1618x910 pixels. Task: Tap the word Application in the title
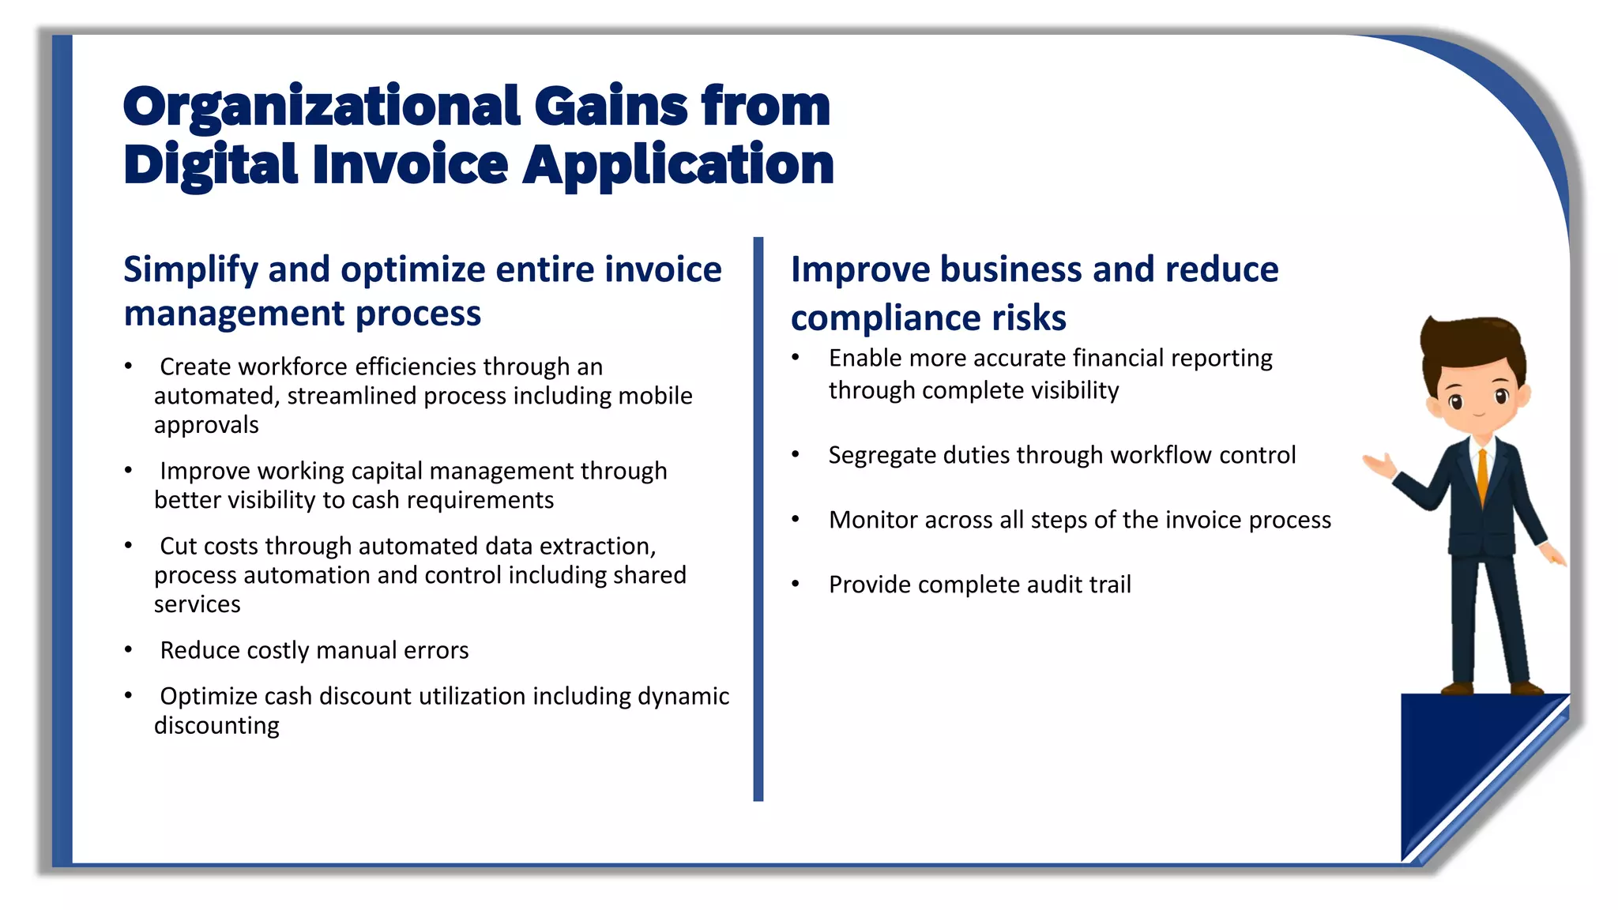point(678,165)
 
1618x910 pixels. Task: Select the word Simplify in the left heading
point(190,270)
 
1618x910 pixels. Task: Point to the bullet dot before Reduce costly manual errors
point(128,649)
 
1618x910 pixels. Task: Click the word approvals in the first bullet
point(206,425)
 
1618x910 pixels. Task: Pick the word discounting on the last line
point(216,725)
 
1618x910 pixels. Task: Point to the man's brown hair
point(1471,340)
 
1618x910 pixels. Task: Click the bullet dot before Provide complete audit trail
point(796,585)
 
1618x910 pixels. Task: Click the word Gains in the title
point(611,107)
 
